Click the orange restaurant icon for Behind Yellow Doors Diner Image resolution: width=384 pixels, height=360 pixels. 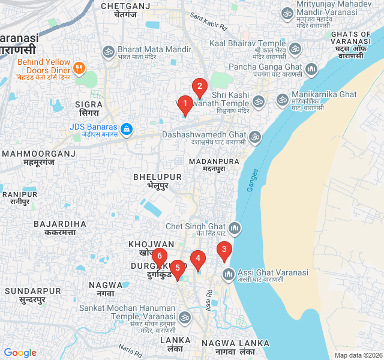tap(79, 65)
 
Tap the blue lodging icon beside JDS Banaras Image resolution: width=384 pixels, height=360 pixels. tap(126, 128)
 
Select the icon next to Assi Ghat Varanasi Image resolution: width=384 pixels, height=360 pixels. tap(228, 275)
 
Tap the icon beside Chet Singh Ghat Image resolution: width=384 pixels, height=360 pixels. tap(235, 228)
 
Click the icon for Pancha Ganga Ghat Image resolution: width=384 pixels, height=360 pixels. tap(311, 70)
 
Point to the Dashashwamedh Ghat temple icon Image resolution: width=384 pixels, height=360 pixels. tap(255, 137)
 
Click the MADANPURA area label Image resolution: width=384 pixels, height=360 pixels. tap(205, 162)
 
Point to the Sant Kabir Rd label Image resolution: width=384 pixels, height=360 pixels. tap(209, 23)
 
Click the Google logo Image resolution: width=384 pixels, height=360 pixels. tap(20, 353)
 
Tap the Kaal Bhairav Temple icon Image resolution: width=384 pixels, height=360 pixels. tap(295, 48)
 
